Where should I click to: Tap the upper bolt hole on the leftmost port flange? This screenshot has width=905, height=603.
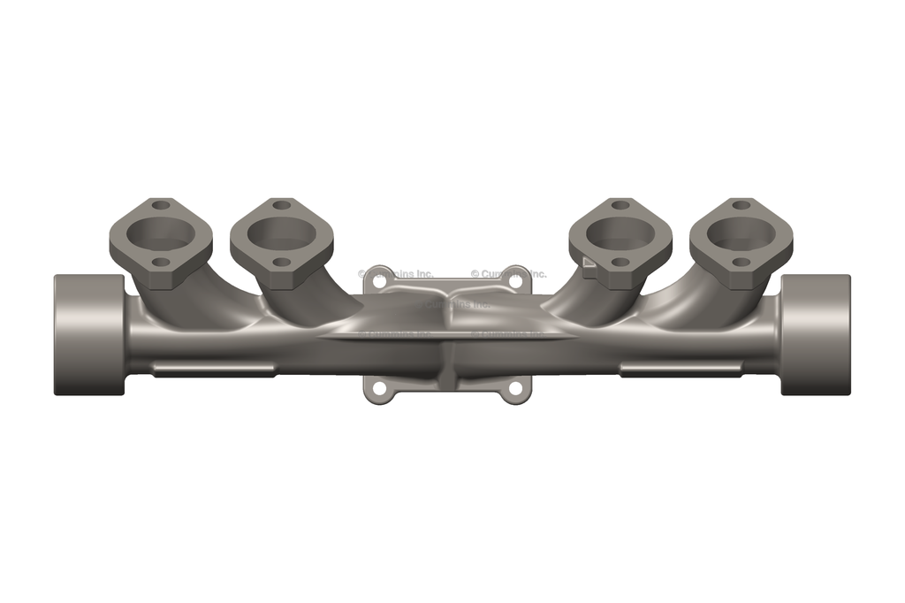pos(160,205)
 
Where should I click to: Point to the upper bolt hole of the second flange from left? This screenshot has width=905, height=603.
pos(281,205)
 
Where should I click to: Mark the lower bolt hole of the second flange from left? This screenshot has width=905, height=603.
pos(281,263)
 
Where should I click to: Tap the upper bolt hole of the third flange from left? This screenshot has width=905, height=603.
pos(620,205)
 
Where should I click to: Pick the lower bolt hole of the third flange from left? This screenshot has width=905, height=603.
pos(620,263)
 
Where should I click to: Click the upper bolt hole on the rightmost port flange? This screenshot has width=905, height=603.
pos(741,205)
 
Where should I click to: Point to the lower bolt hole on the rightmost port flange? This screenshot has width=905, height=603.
pos(741,263)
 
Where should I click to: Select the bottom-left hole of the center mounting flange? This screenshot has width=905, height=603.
pos(379,388)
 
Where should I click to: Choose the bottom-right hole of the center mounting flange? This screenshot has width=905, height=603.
pos(515,388)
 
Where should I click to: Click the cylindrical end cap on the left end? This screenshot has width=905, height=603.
pos(88,334)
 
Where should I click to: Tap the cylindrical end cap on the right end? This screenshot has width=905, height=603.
pos(816,334)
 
